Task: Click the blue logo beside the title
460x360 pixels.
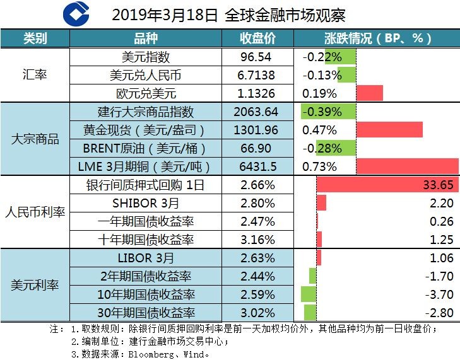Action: pos(77,14)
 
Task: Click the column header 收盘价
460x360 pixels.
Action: pos(258,38)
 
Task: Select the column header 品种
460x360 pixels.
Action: pos(146,38)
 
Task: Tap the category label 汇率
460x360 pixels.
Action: pos(34,75)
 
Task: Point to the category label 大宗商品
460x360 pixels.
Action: pos(34,139)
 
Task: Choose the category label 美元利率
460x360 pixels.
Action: pos(34,285)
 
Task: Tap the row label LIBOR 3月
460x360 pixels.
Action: pos(146,258)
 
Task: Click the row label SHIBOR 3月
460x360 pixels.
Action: pos(146,203)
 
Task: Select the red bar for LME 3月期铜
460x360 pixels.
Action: pos(407,166)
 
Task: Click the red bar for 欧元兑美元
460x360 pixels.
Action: pos(370,93)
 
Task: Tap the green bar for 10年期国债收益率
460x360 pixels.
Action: pos(308,294)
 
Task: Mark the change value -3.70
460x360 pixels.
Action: pos(440,294)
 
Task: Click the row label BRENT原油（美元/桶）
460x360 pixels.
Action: pos(146,148)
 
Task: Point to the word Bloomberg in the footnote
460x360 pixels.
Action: pos(155,354)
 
